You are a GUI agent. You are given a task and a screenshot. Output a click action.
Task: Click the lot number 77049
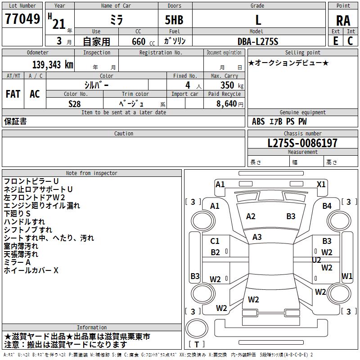(22, 19)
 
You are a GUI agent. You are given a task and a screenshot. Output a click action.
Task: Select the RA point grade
(343, 21)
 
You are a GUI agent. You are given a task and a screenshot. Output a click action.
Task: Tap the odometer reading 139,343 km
(53, 65)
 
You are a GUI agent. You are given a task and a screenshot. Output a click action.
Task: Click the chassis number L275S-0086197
(302, 143)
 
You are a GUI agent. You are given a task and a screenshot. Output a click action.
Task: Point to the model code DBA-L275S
(258, 41)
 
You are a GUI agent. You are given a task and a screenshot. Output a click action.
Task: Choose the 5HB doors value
(174, 20)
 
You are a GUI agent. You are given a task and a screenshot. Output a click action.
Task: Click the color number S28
(75, 104)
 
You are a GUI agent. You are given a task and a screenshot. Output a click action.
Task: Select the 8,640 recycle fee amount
(229, 103)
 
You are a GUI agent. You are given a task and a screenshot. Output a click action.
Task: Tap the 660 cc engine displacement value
(143, 41)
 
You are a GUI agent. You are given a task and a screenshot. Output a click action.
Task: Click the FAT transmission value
(13, 94)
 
